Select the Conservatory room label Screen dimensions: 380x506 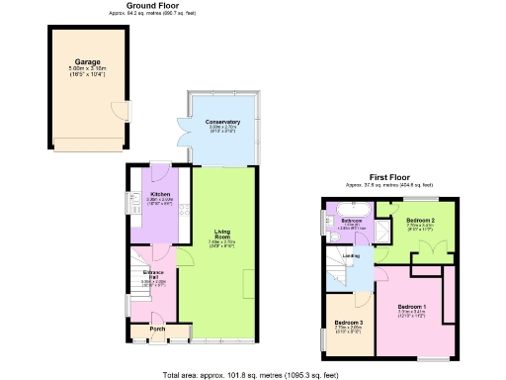(x=222, y=122)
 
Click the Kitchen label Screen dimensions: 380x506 (x=159, y=194)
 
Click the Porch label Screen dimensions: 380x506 (x=157, y=329)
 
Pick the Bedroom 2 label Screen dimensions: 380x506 (x=419, y=220)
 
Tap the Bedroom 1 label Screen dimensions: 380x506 (x=412, y=308)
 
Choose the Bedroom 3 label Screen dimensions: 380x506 (x=348, y=324)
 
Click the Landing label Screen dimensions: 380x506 (x=351, y=256)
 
